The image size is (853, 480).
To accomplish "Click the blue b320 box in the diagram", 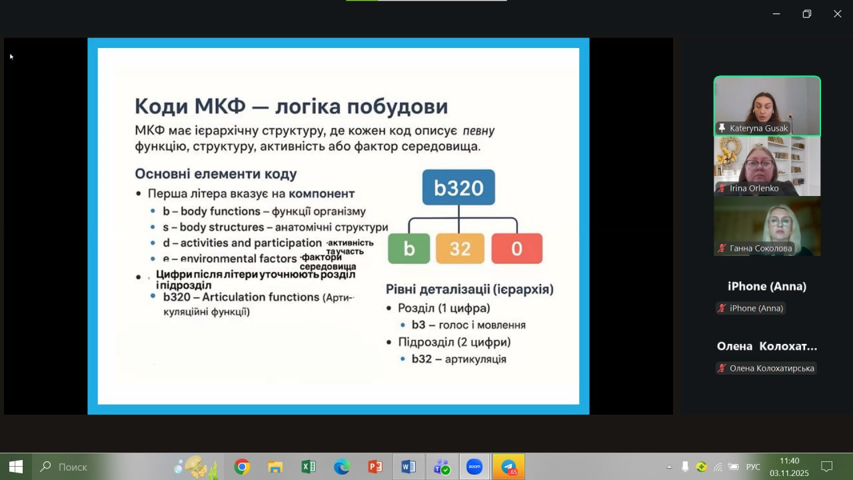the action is (x=458, y=187).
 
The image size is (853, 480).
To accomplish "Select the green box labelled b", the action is (x=409, y=249).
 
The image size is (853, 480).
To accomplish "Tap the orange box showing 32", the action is (x=460, y=249).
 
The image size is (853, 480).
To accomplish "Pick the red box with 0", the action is (x=516, y=249).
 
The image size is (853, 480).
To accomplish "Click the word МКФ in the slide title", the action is (x=220, y=106).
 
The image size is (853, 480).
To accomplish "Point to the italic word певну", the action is (x=478, y=131).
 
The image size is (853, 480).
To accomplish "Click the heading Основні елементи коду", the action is (x=216, y=174).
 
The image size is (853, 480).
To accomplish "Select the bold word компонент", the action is (x=321, y=193).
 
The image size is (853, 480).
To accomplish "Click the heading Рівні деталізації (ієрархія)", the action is (x=470, y=289).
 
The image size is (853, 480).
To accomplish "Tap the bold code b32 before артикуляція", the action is (x=422, y=359).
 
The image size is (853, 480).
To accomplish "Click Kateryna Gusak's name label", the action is (x=758, y=129).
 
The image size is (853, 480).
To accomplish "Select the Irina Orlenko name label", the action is (x=754, y=188).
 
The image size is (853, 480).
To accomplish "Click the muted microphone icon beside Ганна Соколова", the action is (x=722, y=249).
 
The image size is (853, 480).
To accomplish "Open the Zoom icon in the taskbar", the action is (x=474, y=467).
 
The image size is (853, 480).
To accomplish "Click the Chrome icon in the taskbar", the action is (x=242, y=467).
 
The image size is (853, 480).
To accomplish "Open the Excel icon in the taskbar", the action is (x=309, y=467).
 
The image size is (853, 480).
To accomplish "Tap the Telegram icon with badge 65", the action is (x=508, y=467).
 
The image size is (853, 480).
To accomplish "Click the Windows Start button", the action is (x=16, y=467).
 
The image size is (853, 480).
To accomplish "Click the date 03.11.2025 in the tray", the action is (x=789, y=473).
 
